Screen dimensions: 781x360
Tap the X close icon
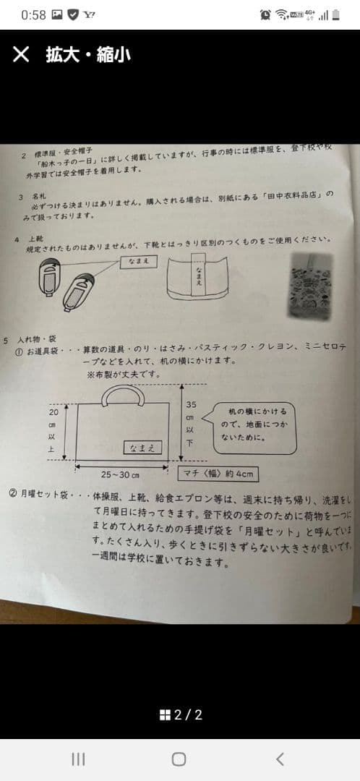(x=21, y=54)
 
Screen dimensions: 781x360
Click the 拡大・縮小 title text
(x=88, y=54)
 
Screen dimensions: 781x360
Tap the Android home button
(x=179, y=759)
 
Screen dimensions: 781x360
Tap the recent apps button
(x=78, y=759)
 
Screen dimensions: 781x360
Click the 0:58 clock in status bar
(x=33, y=14)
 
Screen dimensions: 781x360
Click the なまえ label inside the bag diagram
(x=142, y=448)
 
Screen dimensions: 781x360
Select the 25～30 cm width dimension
(x=120, y=474)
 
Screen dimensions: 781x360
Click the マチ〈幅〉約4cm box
(x=218, y=474)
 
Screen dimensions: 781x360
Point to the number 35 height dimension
(x=191, y=405)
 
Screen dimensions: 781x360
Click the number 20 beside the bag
(x=53, y=411)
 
